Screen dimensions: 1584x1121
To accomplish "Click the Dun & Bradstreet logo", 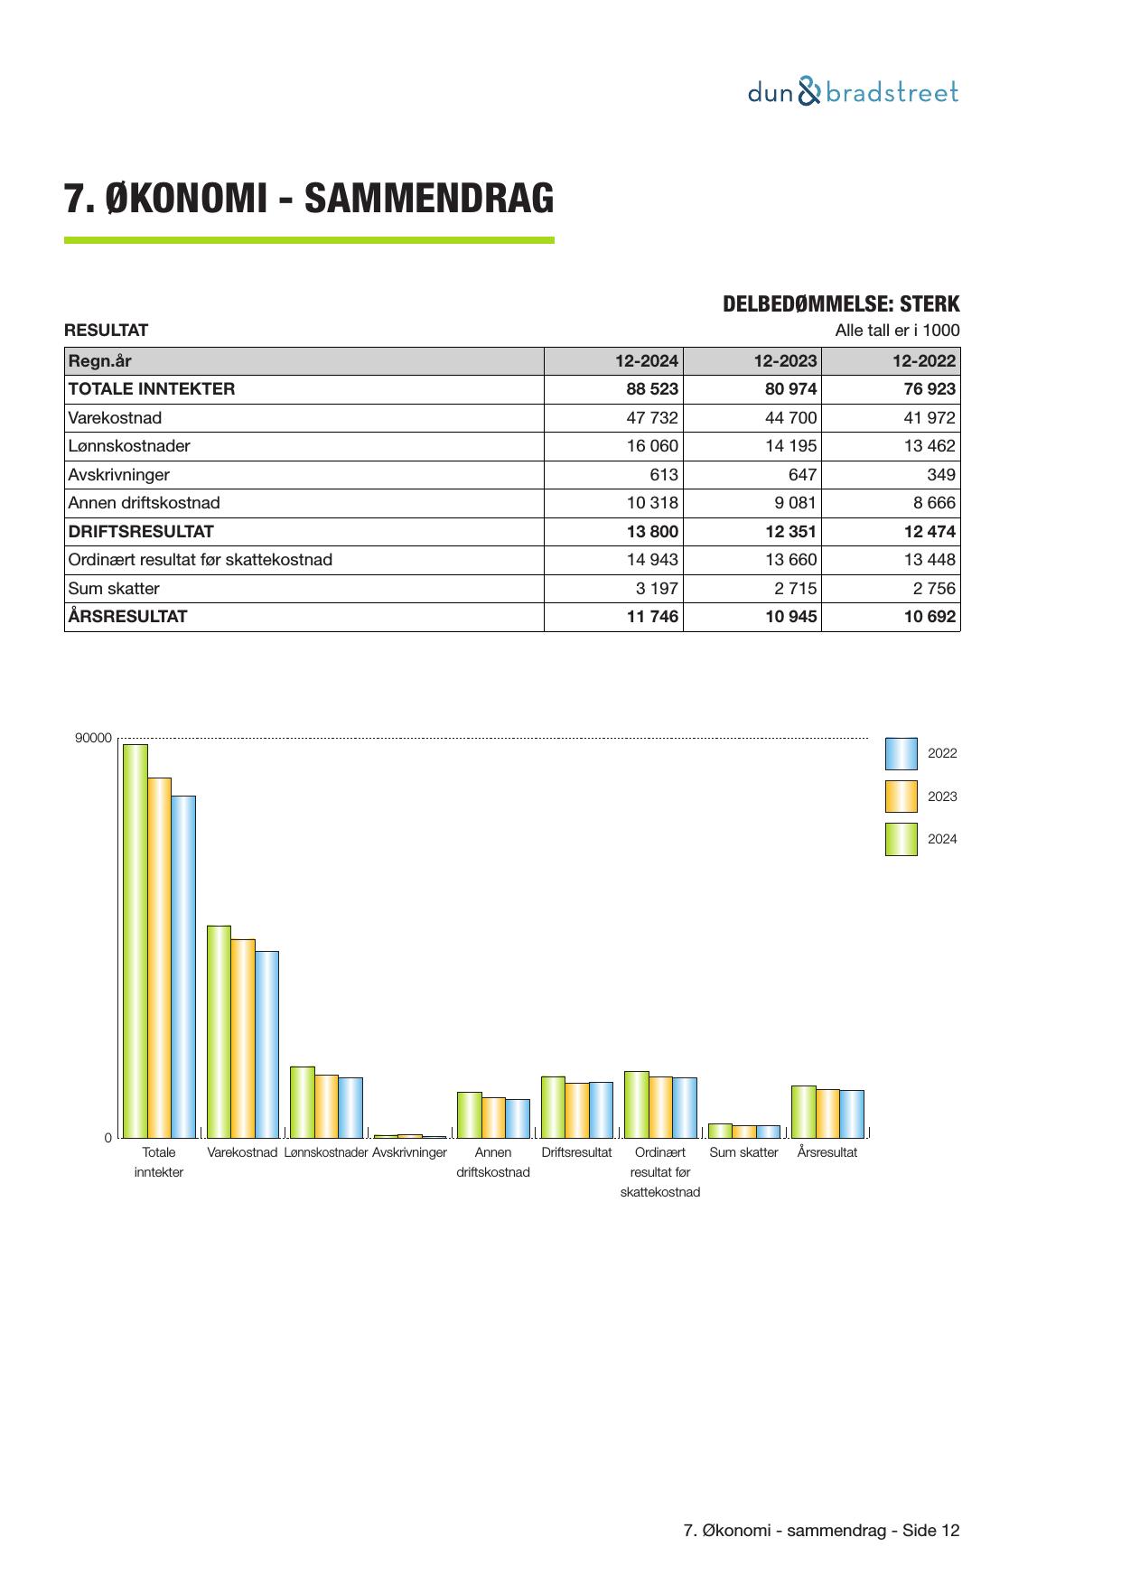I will pyautogui.click(x=853, y=92).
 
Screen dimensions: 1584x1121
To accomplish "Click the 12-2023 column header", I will pyautogui.click(x=785, y=361).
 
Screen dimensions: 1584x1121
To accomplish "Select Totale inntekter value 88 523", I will pyautogui.click(x=652, y=389).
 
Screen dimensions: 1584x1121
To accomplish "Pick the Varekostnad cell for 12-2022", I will pyautogui.click(x=929, y=418).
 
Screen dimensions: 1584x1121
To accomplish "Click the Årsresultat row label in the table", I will pyautogui.click(x=128, y=617).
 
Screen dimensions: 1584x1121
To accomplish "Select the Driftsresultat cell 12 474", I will pyautogui.click(x=929, y=532).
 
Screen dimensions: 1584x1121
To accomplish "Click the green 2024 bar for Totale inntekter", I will pyautogui.click(x=135, y=939).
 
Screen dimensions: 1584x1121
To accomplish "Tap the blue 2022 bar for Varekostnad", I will pyautogui.click(x=266, y=1044).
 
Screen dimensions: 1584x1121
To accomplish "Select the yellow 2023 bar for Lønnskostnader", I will pyautogui.click(x=326, y=1106).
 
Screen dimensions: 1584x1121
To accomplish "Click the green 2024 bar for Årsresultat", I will pyautogui.click(x=804, y=1112).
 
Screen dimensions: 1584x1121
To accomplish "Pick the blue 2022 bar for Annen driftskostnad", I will pyautogui.click(x=518, y=1118).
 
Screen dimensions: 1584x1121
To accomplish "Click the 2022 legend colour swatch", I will pyautogui.click(x=901, y=753).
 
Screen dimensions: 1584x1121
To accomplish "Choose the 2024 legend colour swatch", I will pyautogui.click(x=901, y=839).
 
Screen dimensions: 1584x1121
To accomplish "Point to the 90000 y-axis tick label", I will pyautogui.click(x=94, y=739).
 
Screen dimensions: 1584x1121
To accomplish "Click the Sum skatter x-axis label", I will pyautogui.click(x=743, y=1152).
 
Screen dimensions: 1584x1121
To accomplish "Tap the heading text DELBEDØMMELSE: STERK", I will pyautogui.click(x=841, y=304).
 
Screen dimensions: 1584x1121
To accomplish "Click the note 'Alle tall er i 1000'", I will pyautogui.click(x=897, y=331).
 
